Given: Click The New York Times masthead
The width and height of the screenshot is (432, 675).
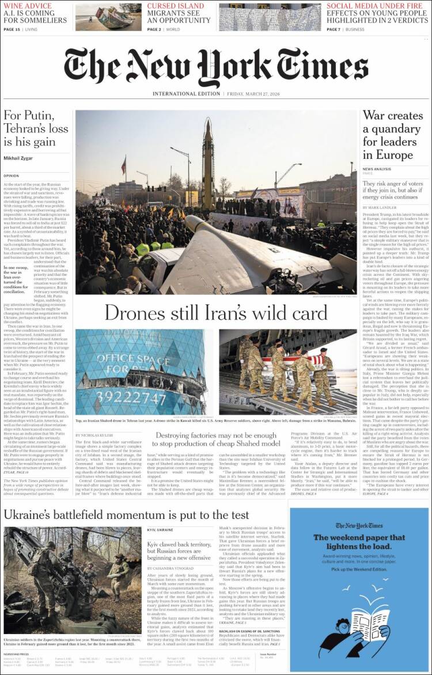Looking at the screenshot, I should (215, 67).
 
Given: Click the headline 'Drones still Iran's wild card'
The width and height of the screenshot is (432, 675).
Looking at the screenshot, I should (215, 313).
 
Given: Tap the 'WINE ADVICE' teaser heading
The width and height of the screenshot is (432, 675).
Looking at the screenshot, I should (28, 6).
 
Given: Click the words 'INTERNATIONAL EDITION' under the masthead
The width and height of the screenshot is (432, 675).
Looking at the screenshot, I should (187, 94).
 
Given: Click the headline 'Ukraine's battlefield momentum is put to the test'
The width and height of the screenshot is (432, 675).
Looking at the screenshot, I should (127, 515).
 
